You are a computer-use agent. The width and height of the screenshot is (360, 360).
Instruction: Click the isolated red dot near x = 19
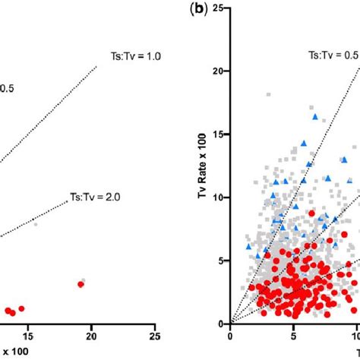pyautogui.click(x=81, y=284)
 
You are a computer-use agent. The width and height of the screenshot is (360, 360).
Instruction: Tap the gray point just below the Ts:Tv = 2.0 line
pyautogui.click(x=35, y=223)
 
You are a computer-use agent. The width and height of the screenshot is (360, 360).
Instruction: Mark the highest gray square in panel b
pyautogui.click(x=269, y=94)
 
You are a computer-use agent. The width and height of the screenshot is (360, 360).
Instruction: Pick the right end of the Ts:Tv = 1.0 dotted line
pyautogui.click(x=97, y=66)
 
